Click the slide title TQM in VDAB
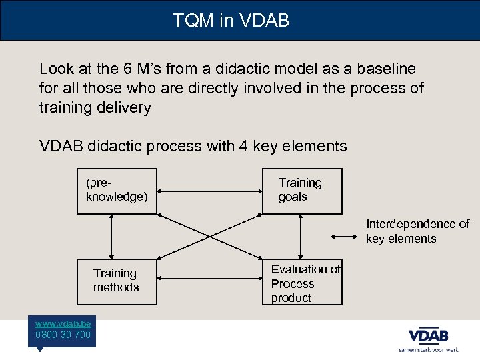[x=231, y=21]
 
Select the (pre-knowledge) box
[x=117, y=191]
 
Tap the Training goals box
[x=301, y=191]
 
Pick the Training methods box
[x=117, y=281]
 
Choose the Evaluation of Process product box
[x=301, y=283]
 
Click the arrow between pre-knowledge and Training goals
[x=209, y=191]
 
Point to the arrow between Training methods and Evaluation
[x=209, y=282]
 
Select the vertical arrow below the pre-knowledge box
[x=111, y=236]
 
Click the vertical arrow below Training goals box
[x=301, y=236]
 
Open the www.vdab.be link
[x=63, y=322]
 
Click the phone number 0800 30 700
[x=63, y=335]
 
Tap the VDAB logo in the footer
[x=428, y=335]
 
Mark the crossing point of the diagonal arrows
[x=209, y=236]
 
